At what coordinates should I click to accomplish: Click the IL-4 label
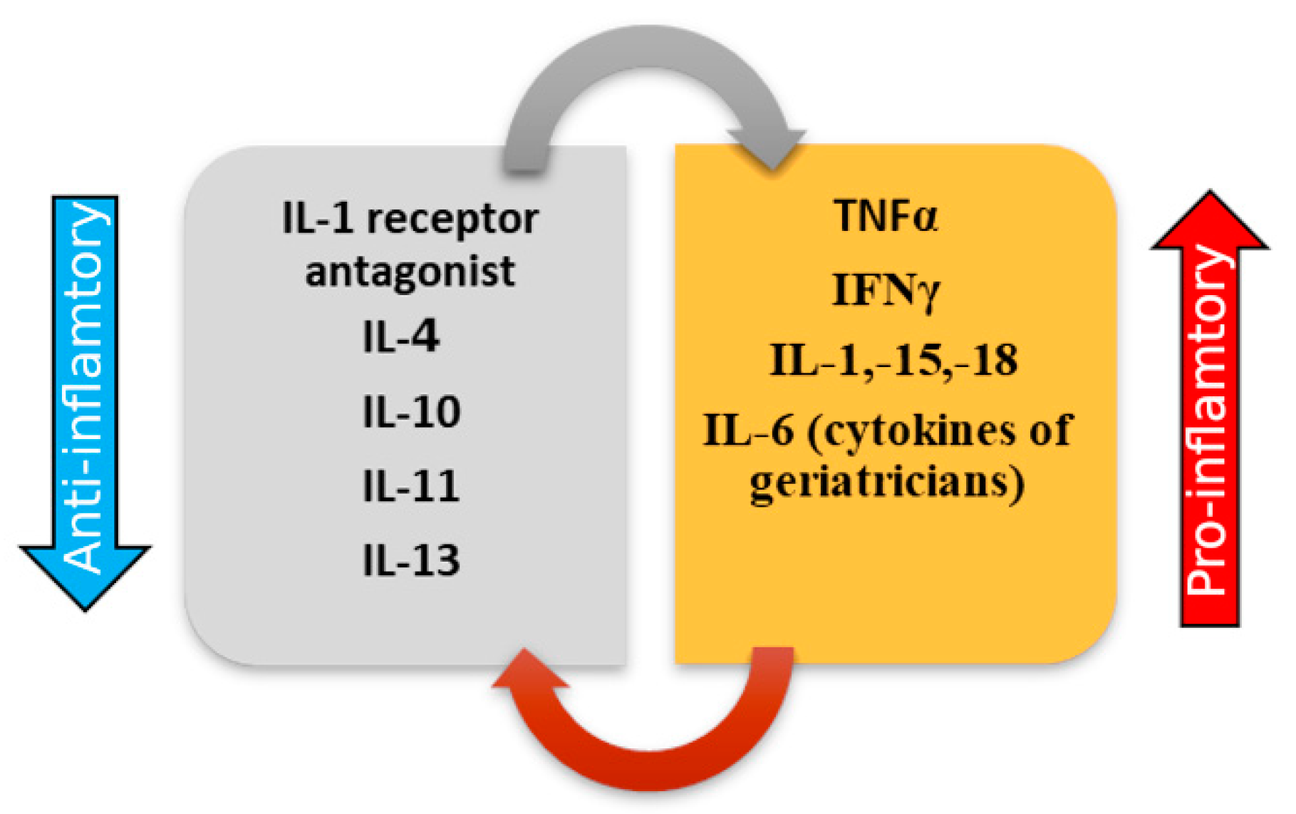pyautogui.click(x=400, y=336)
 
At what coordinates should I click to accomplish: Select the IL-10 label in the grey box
pyautogui.click(x=411, y=411)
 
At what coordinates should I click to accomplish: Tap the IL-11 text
pyautogui.click(x=410, y=486)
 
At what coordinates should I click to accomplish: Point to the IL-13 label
pyautogui.click(x=411, y=560)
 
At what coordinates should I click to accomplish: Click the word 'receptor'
pyautogui.click(x=452, y=219)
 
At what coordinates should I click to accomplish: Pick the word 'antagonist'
pyautogui.click(x=410, y=272)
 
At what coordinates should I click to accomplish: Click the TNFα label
pyautogui.click(x=886, y=215)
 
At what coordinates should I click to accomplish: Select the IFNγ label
pyautogui.click(x=886, y=290)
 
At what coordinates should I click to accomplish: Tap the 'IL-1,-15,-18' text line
pyautogui.click(x=893, y=360)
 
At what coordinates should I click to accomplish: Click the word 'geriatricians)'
pyautogui.click(x=887, y=483)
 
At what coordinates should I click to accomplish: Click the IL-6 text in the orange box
pyautogui.click(x=748, y=430)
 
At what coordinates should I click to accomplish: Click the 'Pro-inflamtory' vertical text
pyautogui.click(x=1209, y=421)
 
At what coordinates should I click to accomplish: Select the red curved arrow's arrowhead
pyautogui.click(x=527, y=670)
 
